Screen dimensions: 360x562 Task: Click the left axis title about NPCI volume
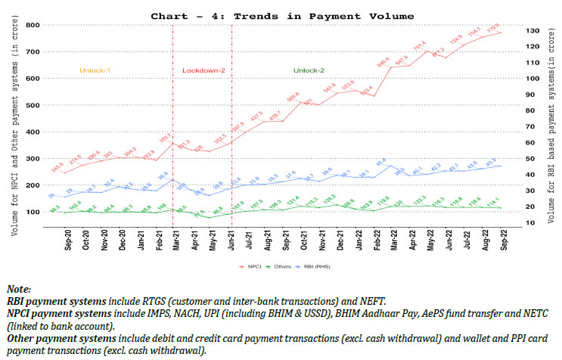(15, 129)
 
